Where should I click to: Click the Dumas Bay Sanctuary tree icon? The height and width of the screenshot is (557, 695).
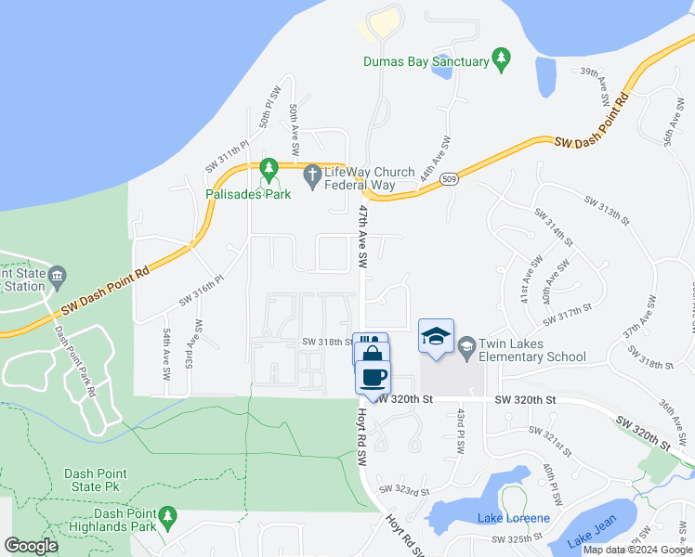(x=502, y=58)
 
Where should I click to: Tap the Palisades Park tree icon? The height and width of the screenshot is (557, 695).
(x=269, y=170)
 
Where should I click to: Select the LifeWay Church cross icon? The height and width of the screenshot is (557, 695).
(x=314, y=175)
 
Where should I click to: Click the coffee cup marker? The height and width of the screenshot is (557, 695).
(x=373, y=378)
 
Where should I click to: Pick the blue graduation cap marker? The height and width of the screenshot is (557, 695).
(x=436, y=338)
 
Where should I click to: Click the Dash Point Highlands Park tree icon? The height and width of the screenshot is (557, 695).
(x=167, y=514)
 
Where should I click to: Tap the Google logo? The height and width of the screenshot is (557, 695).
(x=31, y=546)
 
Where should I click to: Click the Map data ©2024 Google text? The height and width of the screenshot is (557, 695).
(x=636, y=550)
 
